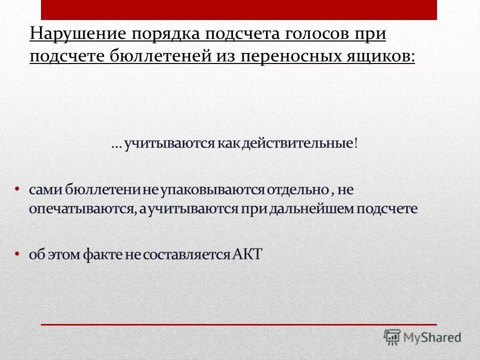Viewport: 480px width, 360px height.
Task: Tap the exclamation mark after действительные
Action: point(356,143)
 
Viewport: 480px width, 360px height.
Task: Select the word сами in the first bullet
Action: point(41,190)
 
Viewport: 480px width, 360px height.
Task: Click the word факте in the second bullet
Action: point(103,254)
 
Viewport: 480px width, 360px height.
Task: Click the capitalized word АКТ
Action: point(247,254)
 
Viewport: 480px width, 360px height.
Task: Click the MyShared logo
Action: point(422,337)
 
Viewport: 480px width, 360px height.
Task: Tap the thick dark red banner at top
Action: point(239,9)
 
